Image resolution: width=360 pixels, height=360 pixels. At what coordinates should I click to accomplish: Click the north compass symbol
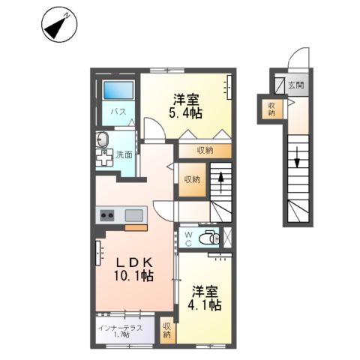(58, 25)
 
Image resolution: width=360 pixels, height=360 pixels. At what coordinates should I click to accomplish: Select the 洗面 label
(124, 154)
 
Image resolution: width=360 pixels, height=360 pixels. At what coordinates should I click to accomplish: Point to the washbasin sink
(103, 140)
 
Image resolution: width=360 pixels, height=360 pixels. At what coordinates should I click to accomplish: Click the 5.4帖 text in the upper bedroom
(186, 112)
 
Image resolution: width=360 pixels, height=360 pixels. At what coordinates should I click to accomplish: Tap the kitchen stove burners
(107, 215)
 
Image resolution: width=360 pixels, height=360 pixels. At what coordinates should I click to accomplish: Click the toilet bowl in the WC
(211, 239)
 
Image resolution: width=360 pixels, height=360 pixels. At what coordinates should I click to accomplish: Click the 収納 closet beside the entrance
(271, 109)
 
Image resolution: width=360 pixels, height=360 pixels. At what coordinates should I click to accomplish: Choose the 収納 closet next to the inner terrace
(166, 330)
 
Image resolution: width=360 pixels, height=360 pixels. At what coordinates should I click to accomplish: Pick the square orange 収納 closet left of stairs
(192, 179)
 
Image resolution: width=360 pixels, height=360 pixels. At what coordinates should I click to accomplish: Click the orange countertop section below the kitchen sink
(136, 226)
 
